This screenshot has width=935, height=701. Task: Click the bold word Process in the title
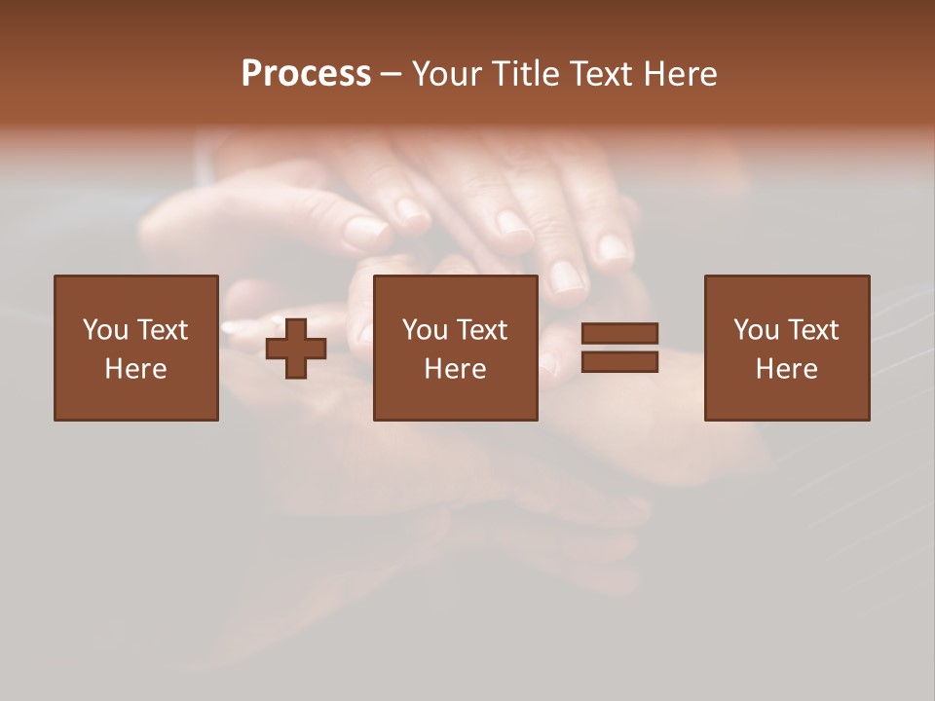pyautogui.click(x=306, y=74)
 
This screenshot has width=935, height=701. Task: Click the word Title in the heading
pyautogui.click(x=526, y=74)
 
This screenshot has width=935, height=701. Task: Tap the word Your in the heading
pyautogui.click(x=448, y=74)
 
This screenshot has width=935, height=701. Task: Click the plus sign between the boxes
pyautogui.click(x=296, y=349)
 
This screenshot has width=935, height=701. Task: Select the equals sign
pyautogui.click(x=619, y=349)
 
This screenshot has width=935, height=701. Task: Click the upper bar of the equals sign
pyautogui.click(x=619, y=334)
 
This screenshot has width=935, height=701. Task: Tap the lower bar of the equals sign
pyautogui.click(x=619, y=362)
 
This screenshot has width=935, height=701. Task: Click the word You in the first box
pyautogui.click(x=104, y=330)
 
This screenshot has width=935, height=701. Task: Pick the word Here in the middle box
pyautogui.click(x=455, y=369)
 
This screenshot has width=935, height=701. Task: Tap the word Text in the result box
pyautogui.click(x=812, y=330)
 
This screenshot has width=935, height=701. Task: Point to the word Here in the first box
pyautogui.click(x=135, y=369)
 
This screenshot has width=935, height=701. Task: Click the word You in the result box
pyautogui.click(x=756, y=330)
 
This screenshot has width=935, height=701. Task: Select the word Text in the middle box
pyautogui.click(x=481, y=330)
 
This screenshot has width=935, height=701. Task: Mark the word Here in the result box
pyautogui.click(x=786, y=369)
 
